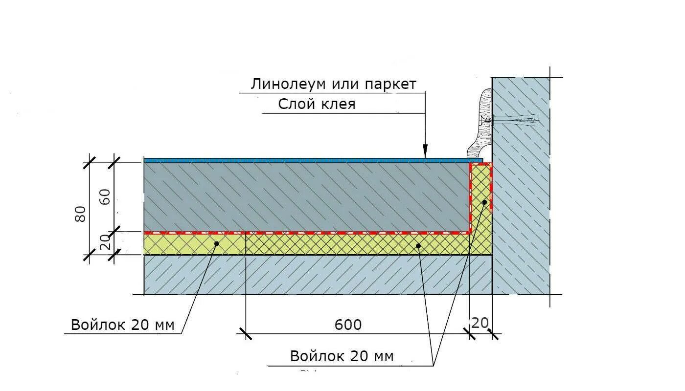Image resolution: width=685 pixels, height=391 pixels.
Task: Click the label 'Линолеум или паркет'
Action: [x=334, y=84]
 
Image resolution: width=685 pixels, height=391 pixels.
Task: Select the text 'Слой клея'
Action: [x=317, y=104]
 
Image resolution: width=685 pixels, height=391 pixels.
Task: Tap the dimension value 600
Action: [x=348, y=325]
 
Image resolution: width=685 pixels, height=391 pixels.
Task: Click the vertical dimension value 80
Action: [x=81, y=213]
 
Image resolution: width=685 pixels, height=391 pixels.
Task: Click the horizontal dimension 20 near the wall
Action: [x=480, y=323]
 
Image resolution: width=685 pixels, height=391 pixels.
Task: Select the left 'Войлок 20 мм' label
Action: [x=122, y=325]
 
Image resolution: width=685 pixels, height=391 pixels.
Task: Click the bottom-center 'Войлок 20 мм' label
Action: [x=342, y=356]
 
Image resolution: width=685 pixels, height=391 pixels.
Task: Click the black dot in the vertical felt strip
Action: [x=484, y=202]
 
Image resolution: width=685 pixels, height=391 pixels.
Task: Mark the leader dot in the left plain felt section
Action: [x=216, y=243]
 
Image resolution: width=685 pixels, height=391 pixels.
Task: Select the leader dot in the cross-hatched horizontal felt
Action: [x=418, y=245]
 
